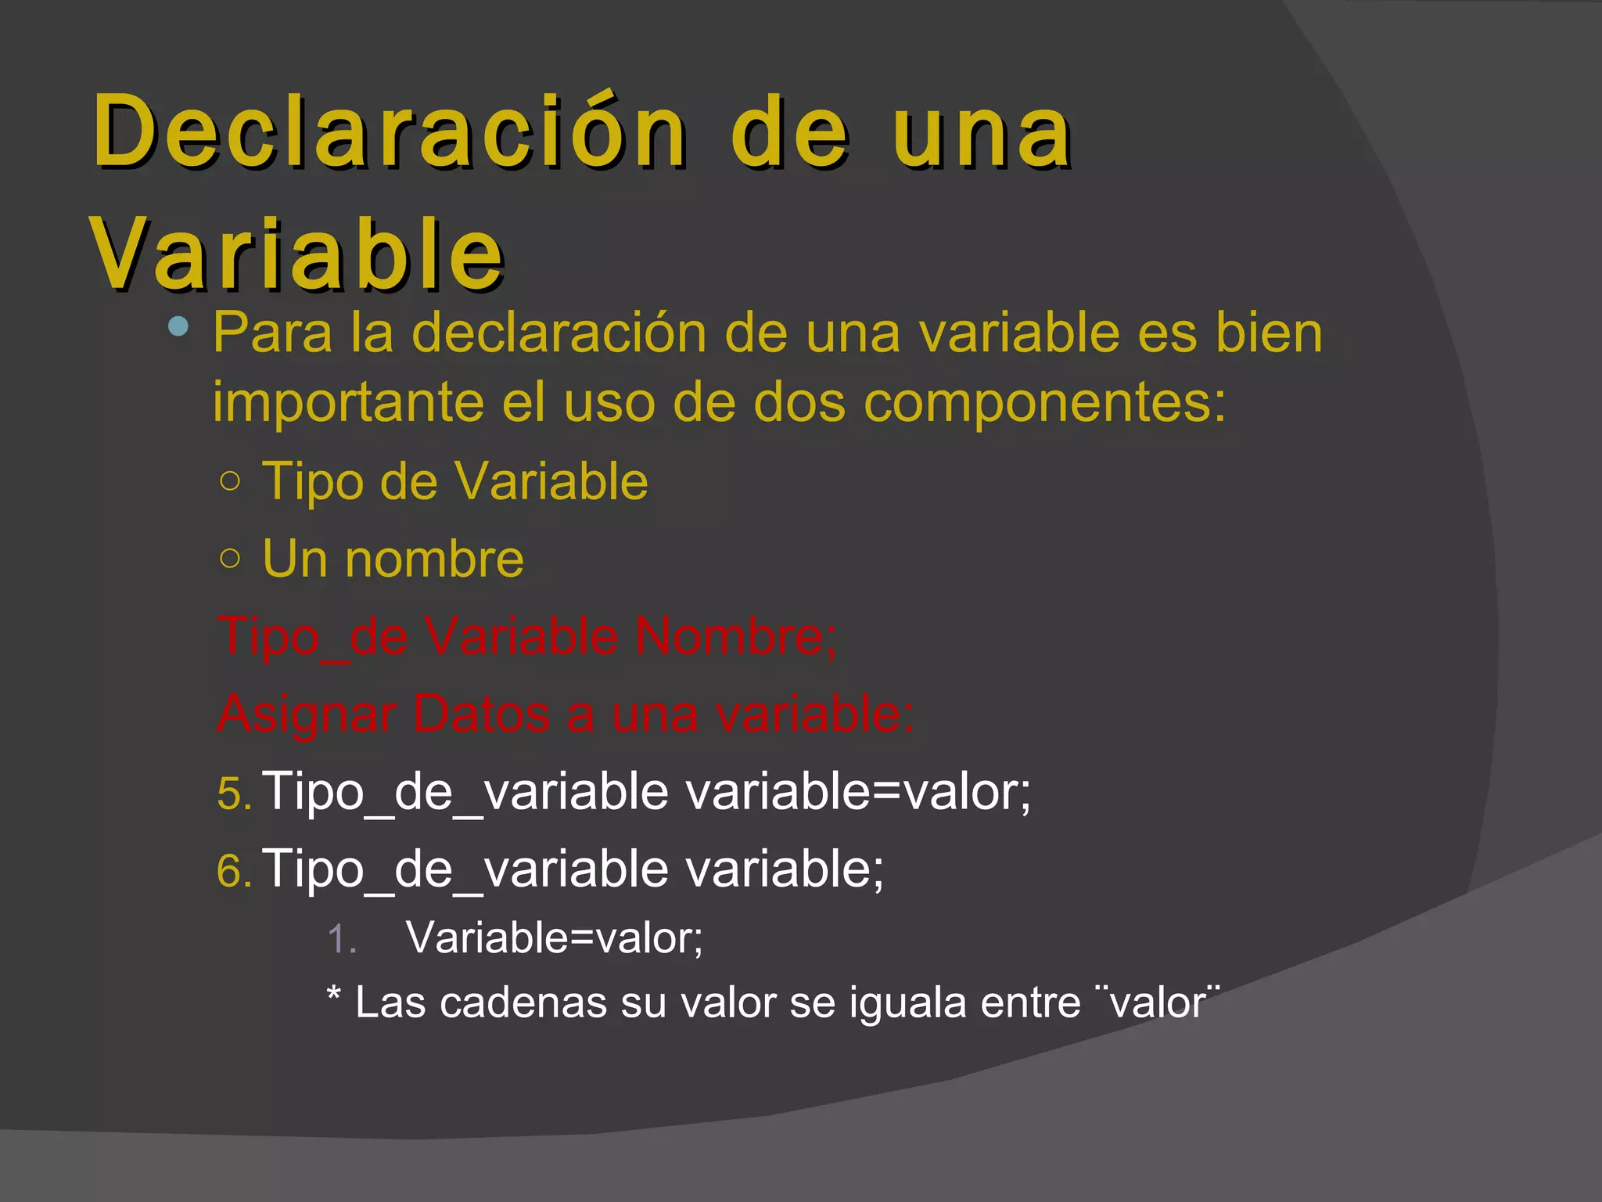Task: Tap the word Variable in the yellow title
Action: (x=297, y=254)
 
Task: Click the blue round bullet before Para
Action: (x=178, y=326)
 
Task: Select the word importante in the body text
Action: (x=349, y=402)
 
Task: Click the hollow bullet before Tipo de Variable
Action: (x=230, y=480)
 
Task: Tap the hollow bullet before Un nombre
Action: (x=230, y=558)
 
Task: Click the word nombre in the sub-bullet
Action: (x=434, y=559)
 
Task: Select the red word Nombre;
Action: (x=735, y=635)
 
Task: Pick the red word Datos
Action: (x=481, y=714)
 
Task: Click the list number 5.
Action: (x=234, y=794)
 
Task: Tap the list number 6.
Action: (x=234, y=871)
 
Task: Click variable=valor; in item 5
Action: (x=859, y=791)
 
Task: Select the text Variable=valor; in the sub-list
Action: (x=555, y=937)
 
